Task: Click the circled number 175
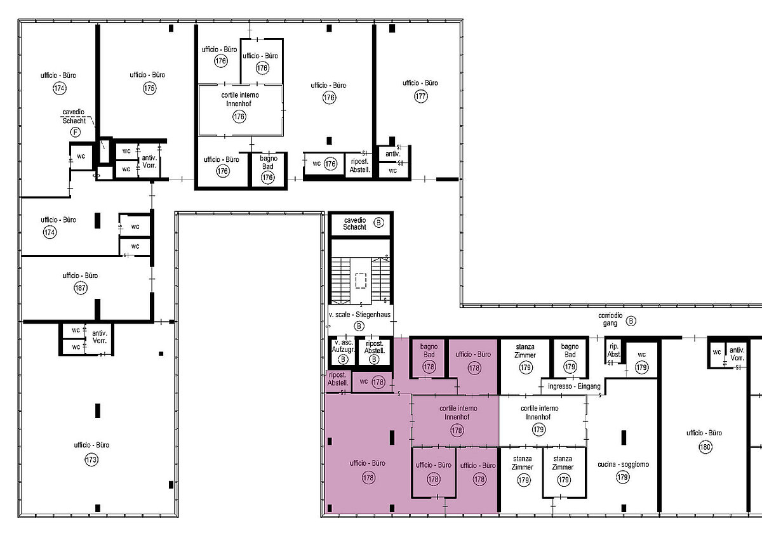(x=149, y=88)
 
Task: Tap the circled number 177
(x=421, y=96)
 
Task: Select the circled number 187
(x=81, y=288)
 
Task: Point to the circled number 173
(x=91, y=460)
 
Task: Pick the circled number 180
(x=705, y=447)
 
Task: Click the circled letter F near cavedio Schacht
(x=76, y=132)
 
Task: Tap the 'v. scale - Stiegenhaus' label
(x=359, y=315)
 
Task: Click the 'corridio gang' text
(x=610, y=319)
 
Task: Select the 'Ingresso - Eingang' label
(x=574, y=386)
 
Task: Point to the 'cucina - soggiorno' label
(x=623, y=464)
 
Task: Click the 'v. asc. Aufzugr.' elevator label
(x=344, y=346)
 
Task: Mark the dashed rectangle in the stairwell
(x=361, y=280)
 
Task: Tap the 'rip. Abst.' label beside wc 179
(x=613, y=350)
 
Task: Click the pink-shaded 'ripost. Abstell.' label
(x=338, y=379)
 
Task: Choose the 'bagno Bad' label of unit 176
(x=268, y=162)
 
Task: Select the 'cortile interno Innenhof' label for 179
(x=539, y=412)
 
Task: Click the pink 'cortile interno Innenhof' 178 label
(x=458, y=412)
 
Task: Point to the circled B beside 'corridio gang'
(x=631, y=321)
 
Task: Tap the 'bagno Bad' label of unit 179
(x=570, y=350)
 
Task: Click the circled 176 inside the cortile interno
(x=239, y=117)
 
